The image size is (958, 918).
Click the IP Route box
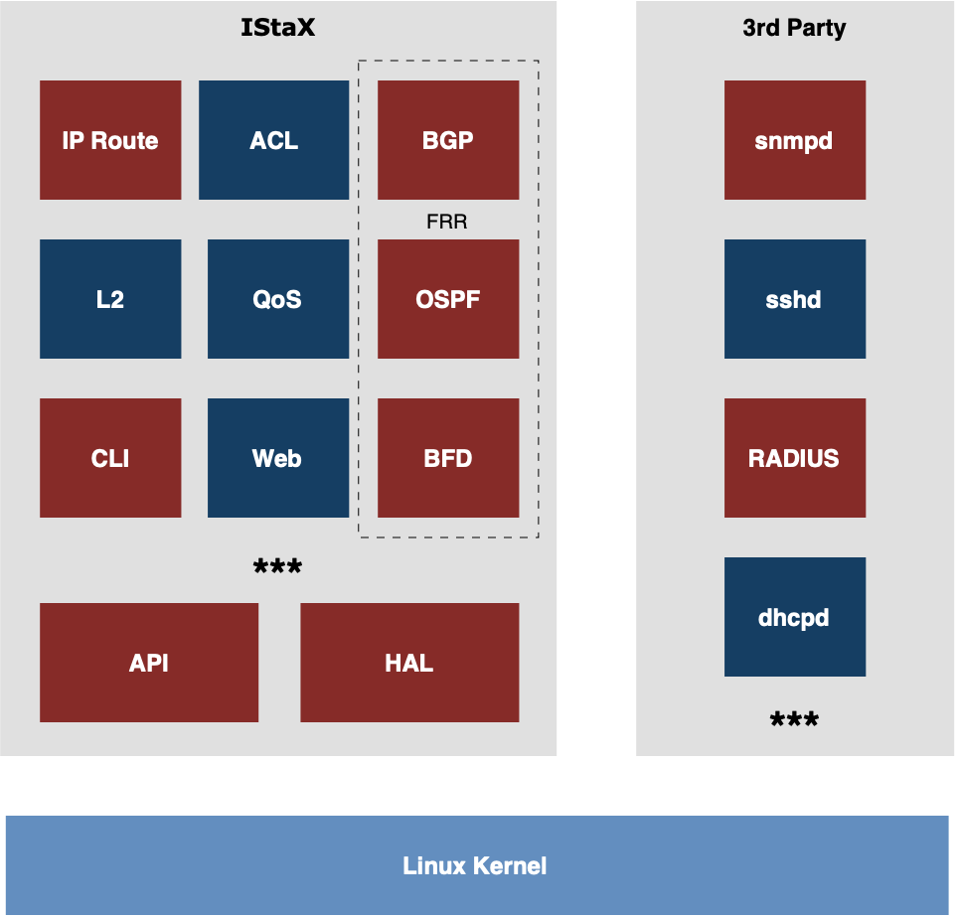coord(110,140)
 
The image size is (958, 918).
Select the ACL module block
coord(273,140)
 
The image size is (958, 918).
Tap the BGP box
coord(448,140)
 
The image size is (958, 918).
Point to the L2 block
coord(110,299)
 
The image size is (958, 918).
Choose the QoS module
coord(278,299)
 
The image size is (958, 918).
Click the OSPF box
coord(448,299)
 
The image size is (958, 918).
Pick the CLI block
coord(110,458)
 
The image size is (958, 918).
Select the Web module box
coord(278,458)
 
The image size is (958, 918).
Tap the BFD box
coord(448,458)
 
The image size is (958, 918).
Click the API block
coord(149,663)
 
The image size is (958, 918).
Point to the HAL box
coord(409,663)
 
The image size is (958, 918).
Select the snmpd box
coord(795,140)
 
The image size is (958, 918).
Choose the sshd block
coord(795,299)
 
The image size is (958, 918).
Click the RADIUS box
coord(795,458)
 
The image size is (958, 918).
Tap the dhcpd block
coord(795,617)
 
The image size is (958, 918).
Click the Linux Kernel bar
coord(477,865)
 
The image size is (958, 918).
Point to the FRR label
coord(446,222)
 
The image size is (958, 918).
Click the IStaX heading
coord(278,28)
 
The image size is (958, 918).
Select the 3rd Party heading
coord(794,28)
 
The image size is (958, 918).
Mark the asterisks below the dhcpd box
coord(794,718)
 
